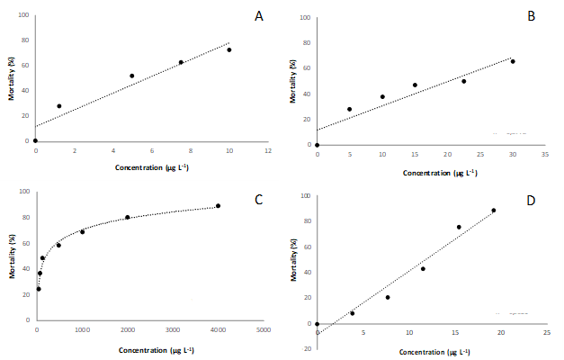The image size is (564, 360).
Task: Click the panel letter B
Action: [x=531, y=16]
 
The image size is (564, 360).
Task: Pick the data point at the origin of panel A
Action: [x=35, y=140]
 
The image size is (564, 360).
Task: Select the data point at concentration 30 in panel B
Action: [x=513, y=61]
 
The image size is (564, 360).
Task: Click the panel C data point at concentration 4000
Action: [x=218, y=206]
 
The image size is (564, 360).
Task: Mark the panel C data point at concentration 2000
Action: [x=127, y=217]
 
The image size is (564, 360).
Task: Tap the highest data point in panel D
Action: [x=494, y=211]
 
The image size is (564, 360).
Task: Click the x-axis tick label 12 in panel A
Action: [x=268, y=150]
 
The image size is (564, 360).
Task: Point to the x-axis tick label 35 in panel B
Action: [x=545, y=154]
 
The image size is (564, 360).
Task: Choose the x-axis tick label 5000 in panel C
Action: [x=263, y=330]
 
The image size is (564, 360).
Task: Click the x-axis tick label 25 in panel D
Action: [x=547, y=333]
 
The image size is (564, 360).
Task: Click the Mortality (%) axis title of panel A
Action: [x=12, y=77]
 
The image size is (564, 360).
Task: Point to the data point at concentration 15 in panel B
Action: [x=415, y=85]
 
